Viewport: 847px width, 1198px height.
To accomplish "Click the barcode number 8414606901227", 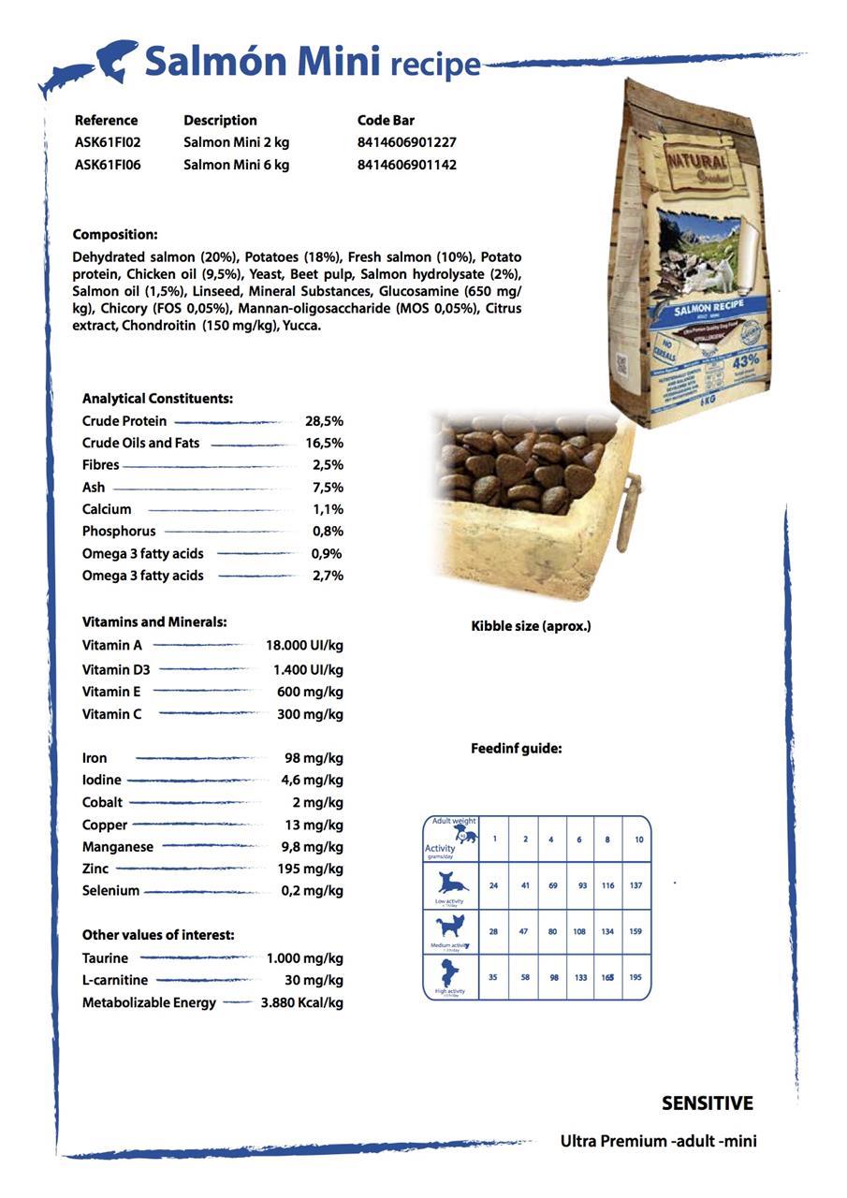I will click(x=406, y=142).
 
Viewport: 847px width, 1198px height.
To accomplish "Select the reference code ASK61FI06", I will click(x=108, y=165).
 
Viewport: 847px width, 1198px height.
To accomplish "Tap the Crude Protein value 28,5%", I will click(x=324, y=421).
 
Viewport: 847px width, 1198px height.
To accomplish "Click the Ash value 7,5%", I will click(x=328, y=487).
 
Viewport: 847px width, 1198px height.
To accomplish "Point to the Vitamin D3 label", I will click(x=116, y=669).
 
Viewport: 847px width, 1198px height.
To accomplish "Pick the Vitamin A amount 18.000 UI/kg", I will click(x=304, y=645).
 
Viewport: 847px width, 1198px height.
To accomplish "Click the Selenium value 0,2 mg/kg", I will click(x=312, y=890).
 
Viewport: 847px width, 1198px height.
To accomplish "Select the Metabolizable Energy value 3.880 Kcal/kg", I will click(x=301, y=1002).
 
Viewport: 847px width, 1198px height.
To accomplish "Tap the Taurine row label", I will click(x=105, y=957).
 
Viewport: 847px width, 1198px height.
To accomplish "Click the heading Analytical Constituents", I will click(x=157, y=398).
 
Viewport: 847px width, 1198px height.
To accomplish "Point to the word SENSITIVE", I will click(x=707, y=1103).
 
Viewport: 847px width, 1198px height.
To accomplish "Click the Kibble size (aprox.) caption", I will click(x=531, y=626).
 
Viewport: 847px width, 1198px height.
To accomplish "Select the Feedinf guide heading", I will click(x=516, y=749).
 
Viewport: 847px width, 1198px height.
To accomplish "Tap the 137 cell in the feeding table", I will click(x=635, y=885).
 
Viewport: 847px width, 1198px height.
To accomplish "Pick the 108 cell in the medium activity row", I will click(x=579, y=931).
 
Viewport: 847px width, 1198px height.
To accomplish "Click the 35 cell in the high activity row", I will click(x=493, y=977).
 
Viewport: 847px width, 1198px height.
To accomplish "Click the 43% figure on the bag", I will click(x=746, y=360).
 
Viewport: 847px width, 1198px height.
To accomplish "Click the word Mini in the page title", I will click(x=339, y=62).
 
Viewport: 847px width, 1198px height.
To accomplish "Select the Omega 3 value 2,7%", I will click(x=328, y=576).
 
